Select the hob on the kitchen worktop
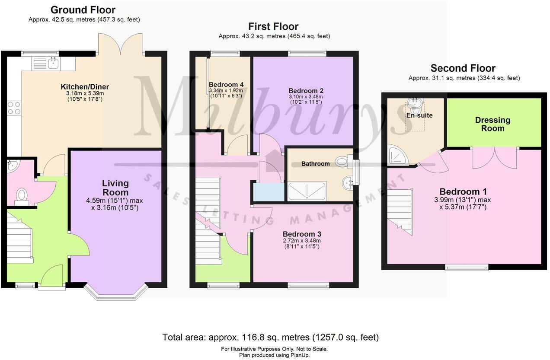click(x=14, y=107)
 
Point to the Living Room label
click(x=115, y=188)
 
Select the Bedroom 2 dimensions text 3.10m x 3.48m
click(x=306, y=97)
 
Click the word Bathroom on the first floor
click(x=315, y=164)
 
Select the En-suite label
click(x=419, y=115)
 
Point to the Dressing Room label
click(x=492, y=124)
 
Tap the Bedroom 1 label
click(x=460, y=191)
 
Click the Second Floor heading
click(x=463, y=68)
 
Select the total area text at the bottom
click(x=270, y=337)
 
